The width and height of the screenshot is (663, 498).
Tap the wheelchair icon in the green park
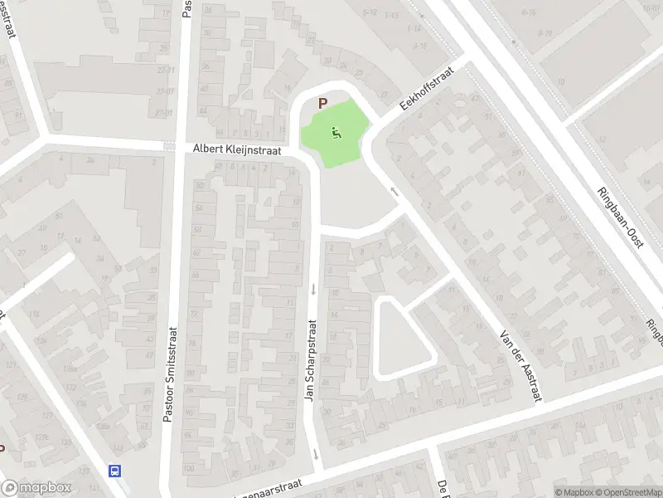point(336,131)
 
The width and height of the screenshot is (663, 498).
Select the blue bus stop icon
point(114,470)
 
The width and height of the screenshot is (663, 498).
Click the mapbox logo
point(36,488)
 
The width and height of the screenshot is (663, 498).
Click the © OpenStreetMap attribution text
point(628,492)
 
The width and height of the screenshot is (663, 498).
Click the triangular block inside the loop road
point(399,338)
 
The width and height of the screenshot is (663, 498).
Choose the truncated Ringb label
point(654,332)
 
